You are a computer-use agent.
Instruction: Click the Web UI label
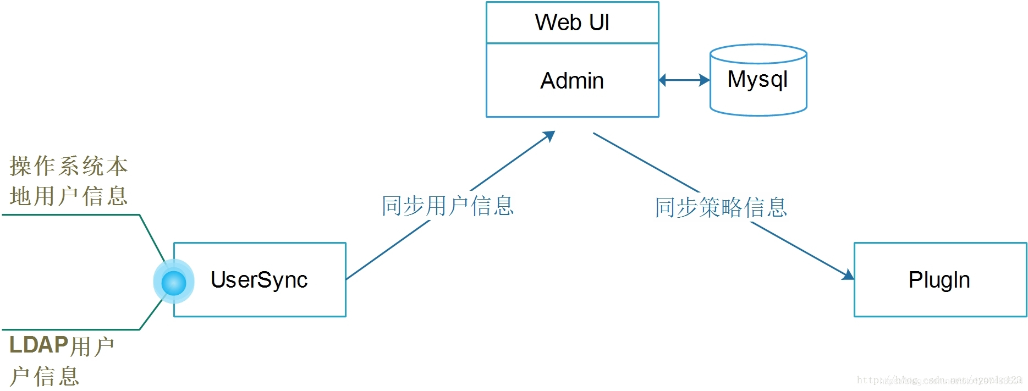pyautogui.click(x=572, y=23)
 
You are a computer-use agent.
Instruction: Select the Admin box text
pyautogui.click(x=572, y=81)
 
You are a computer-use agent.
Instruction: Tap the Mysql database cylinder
pyautogui.click(x=758, y=88)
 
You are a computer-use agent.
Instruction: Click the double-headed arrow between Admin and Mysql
pyautogui.click(x=684, y=80)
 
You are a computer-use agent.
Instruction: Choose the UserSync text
pyautogui.click(x=259, y=280)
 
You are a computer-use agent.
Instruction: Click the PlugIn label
pyautogui.click(x=939, y=280)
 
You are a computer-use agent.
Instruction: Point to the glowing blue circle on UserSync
pyautogui.click(x=174, y=282)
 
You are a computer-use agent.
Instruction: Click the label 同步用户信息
pyautogui.click(x=448, y=206)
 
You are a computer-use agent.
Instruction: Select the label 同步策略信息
pyautogui.click(x=721, y=208)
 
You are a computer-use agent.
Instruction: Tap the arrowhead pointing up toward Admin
pyautogui.click(x=549, y=135)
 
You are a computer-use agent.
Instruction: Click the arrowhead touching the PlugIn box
pyautogui.click(x=848, y=274)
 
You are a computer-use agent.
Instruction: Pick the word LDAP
pyautogui.click(x=39, y=345)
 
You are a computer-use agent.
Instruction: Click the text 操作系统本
pyautogui.click(x=69, y=166)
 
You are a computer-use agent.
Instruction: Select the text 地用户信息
pyautogui.click(x=69, y=196)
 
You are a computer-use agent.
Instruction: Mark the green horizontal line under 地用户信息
pyautogui.click(x=72, y=214)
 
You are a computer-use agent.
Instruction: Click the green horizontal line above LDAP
pyautogui.click(x=72, y=329)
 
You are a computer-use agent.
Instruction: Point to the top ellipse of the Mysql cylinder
pyautogui.click(x=758, y=54)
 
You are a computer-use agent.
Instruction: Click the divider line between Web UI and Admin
pyautogui.click(x=572, y=43)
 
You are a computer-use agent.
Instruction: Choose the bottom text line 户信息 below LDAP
pyautogui.click(x=45, y=377)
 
